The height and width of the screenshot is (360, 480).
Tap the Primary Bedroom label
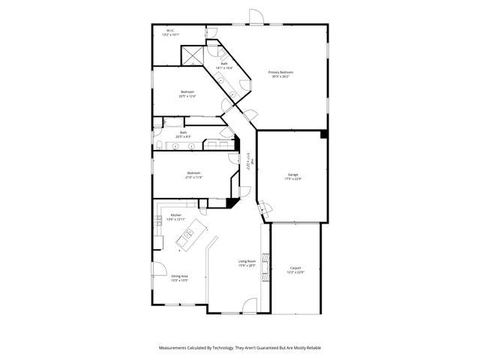[x=281, y=73]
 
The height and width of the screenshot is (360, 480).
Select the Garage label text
[x=292, y=176]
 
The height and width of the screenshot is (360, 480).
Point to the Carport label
[x=295, y=269]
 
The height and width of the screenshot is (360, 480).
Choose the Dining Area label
[x=179, y=277]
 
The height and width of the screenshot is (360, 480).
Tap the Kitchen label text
[x=176, y=216]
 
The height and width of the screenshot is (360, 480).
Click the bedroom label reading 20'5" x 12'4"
[x=187, y=94]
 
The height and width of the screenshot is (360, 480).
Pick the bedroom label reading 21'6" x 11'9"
[x=194, y=175]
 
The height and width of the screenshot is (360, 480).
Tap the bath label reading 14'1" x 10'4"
[x=224, y=66]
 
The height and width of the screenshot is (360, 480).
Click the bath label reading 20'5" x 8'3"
[x=183, y=135]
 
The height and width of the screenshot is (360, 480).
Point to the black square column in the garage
[x=323, y=134]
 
